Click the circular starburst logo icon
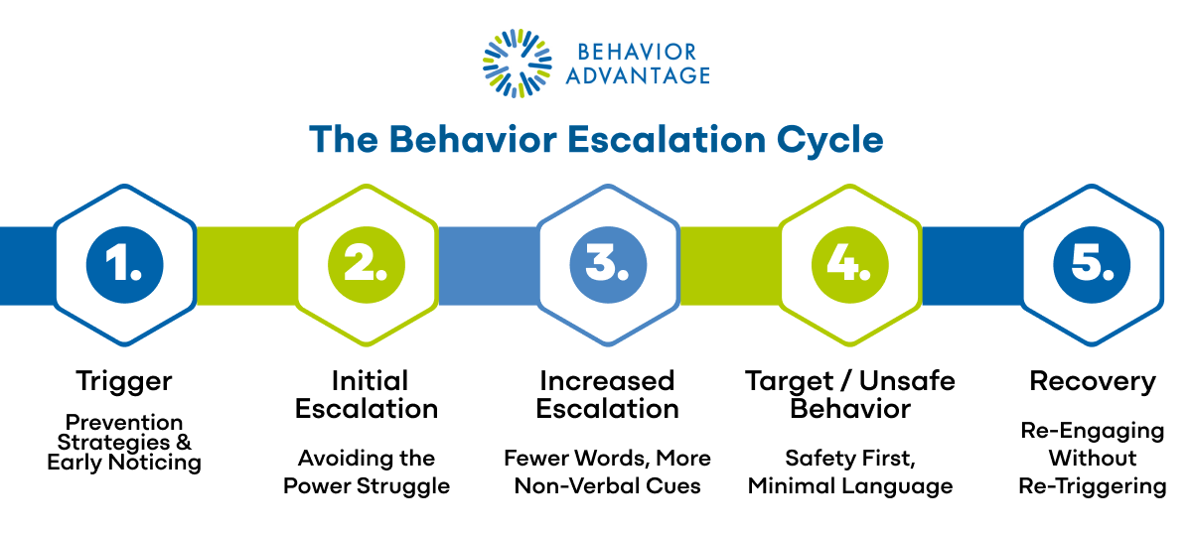[x=516, y=64]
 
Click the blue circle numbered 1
[x=124, y=265]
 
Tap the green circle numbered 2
[x=367, y=265]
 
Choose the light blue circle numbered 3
[x=608, y=265]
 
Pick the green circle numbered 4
[x=850, y=265]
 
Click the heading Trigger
[x=124, y=381]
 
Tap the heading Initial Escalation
[x=367, y=395]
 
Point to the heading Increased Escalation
[x=608, y=395]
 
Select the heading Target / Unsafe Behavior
[x=850, y=395]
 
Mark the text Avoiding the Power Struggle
[x=367, y=471]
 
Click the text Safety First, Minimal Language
[x=850, y=471]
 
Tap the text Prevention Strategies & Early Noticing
[x=124, y=442]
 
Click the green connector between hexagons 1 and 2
[x=245, y=265]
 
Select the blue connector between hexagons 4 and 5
[x=971, y=265]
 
